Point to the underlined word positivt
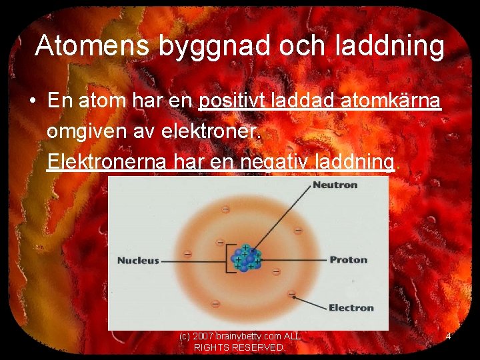click(233, 101)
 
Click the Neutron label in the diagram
click(335, 185)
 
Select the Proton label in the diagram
click(348, 259)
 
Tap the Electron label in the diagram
click(351, 307)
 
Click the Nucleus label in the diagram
click(138, 260)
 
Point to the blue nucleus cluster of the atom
click(246, 259)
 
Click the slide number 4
click(448, 337)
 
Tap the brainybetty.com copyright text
click(240, 337)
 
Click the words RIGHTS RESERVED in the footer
click(239, 348)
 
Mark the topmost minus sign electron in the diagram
click(225, 209)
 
